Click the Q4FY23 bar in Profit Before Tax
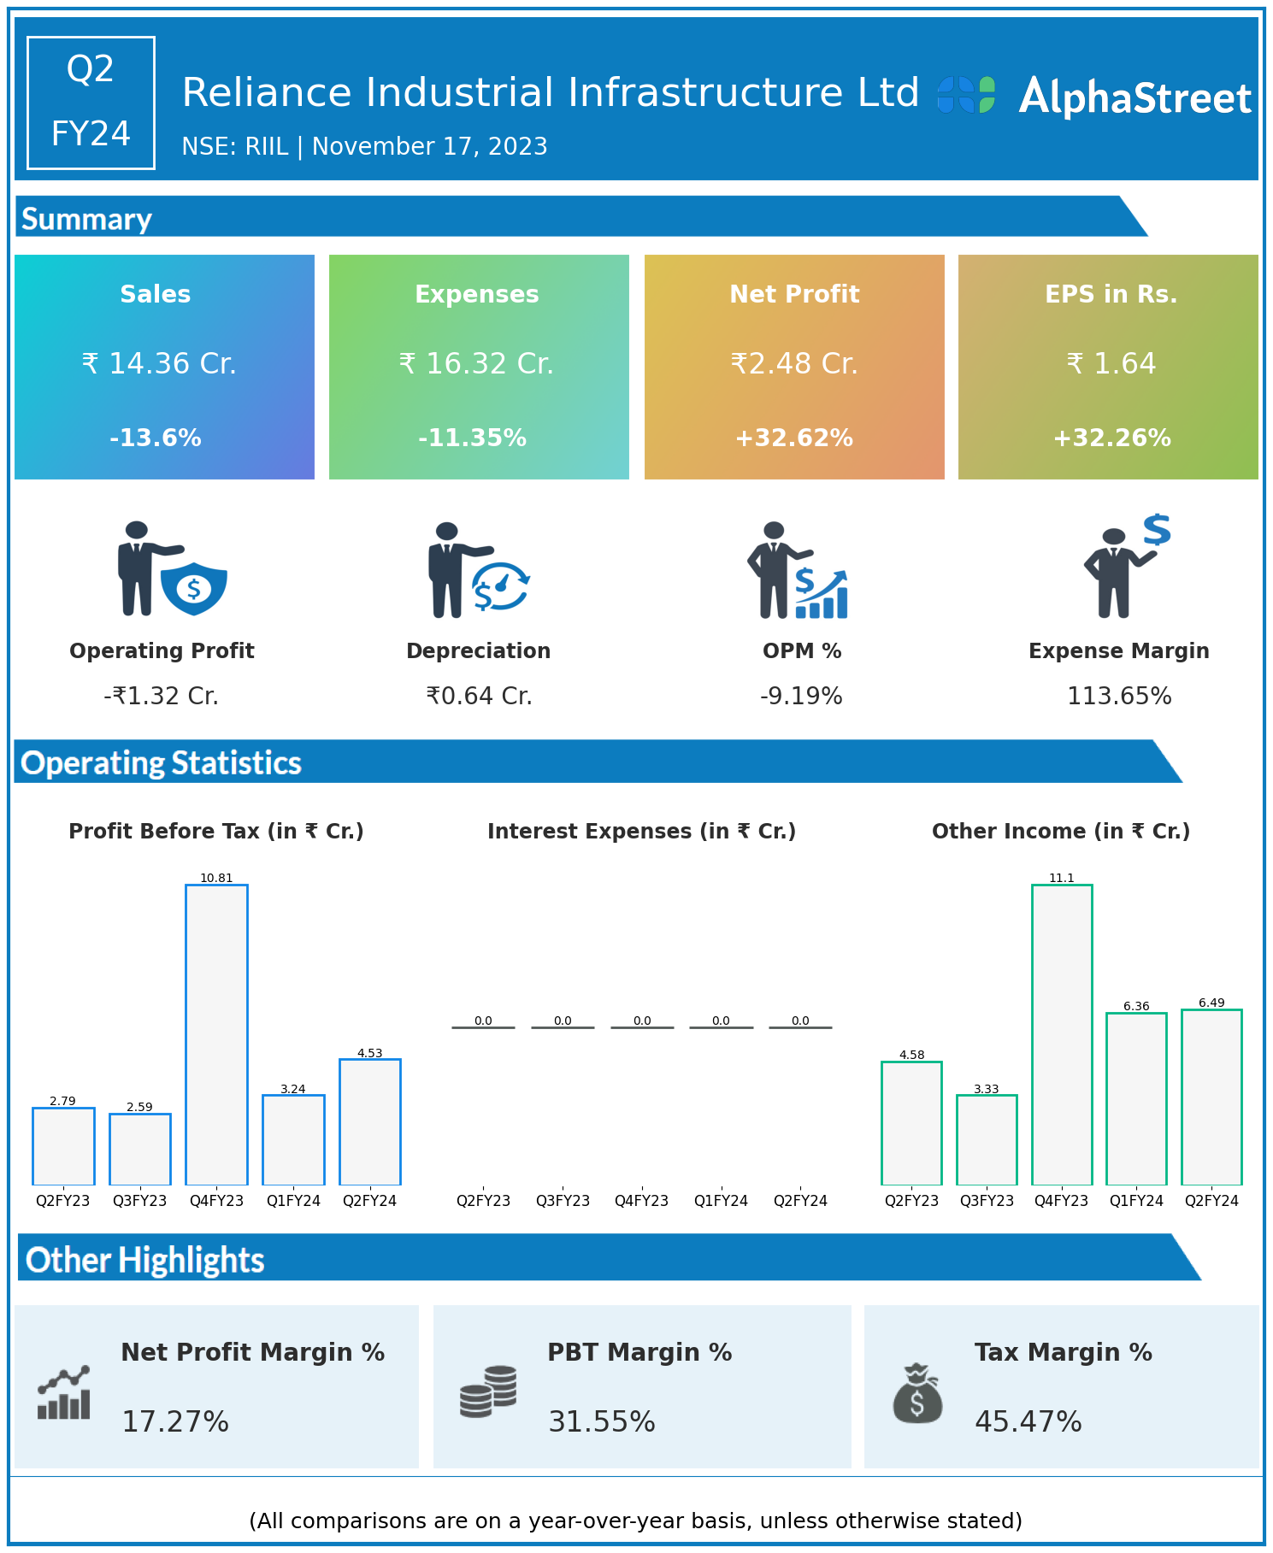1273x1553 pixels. pyautogui.click(x=216, y=1034)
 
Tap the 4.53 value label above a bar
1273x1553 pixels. pyautogui.click(x=369, y=1053)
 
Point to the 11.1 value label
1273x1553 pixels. pyautogui.click(x=1061, y=878)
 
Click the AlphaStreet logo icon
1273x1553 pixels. pyautogui.click(x=966, y=95)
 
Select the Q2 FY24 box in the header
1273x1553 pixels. pyautogui.click(x=91, y=103)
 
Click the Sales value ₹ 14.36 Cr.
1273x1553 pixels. pyautogui.click(x=159, y=364)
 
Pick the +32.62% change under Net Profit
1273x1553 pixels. pyautogui.click(x=793, y=438)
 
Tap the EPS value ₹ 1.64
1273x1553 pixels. pyautogui.click(x=1111, y=364)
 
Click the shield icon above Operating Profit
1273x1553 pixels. pyautogui.click(x=194, y=588)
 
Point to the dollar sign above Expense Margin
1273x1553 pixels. pyautogui.click(x=1157, y=530)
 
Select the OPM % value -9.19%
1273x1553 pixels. pyautogui.click(x=801, y=697)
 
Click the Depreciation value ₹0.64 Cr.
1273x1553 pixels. pyautogui.click(x=479, y=697)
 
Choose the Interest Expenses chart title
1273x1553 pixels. pyautogui.click(x=641, y=832)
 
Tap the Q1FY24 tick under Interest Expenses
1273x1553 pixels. pyautogui.click(x=721, y=1201)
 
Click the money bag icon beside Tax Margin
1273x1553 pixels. pyautogui.click(x=917, y=1393)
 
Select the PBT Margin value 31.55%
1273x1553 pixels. pyautogui.click(x=601, y=1421)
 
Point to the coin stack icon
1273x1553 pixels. pyautogui.click(x=488, y=1391)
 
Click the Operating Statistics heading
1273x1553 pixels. pyautogui.click(x=162, y=762)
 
